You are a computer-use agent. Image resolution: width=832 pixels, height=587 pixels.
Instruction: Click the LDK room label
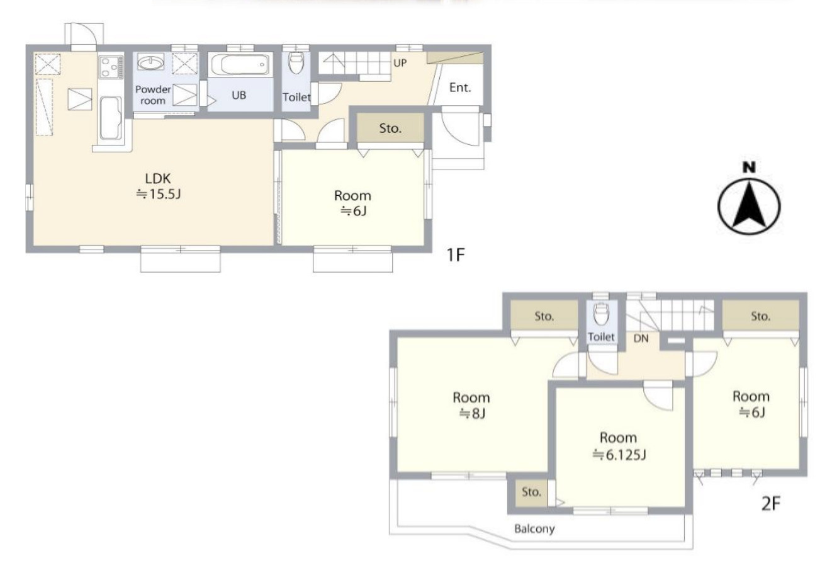pos(158,179)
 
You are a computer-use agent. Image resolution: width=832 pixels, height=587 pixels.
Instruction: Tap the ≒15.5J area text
pos(159,194)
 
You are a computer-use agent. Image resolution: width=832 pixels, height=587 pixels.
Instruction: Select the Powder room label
pos(153,95)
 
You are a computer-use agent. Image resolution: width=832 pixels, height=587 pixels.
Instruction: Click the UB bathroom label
pos(239,95)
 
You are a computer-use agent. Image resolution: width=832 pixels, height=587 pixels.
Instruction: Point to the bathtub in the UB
pos(240,64)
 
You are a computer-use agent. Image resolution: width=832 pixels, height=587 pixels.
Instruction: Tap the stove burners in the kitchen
pos(111,67)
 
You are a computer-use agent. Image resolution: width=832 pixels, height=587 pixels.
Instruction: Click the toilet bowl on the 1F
pos(296,62)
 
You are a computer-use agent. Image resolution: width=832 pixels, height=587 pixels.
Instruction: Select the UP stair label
pos(400,63)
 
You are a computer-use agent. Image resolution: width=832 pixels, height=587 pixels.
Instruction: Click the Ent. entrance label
pos(460,88)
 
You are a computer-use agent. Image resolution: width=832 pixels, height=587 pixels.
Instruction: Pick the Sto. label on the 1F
pos(390,128)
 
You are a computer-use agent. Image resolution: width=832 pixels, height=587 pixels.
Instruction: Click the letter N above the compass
pos(749,168)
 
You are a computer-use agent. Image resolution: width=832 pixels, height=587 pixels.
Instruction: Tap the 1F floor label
pos(456,255)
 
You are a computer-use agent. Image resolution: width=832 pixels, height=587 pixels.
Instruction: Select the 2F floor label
pos(771,504)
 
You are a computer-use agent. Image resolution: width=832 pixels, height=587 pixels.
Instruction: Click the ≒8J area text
pos(473,414)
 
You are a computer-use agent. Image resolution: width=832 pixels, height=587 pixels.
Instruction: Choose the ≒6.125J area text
pos(619,455)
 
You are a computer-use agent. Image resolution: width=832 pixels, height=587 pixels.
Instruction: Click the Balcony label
pos(534,528)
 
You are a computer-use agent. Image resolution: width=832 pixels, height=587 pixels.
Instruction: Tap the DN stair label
pos(641,338)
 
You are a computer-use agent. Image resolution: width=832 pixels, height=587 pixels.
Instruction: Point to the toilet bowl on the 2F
pos(600,315)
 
